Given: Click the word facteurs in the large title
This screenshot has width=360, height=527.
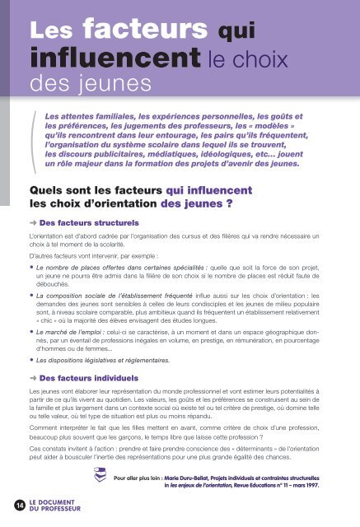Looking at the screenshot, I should pos(136,30).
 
